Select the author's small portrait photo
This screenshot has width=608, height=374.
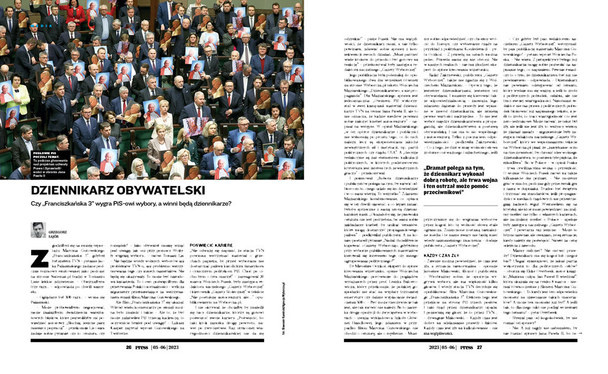pos(38,230)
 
